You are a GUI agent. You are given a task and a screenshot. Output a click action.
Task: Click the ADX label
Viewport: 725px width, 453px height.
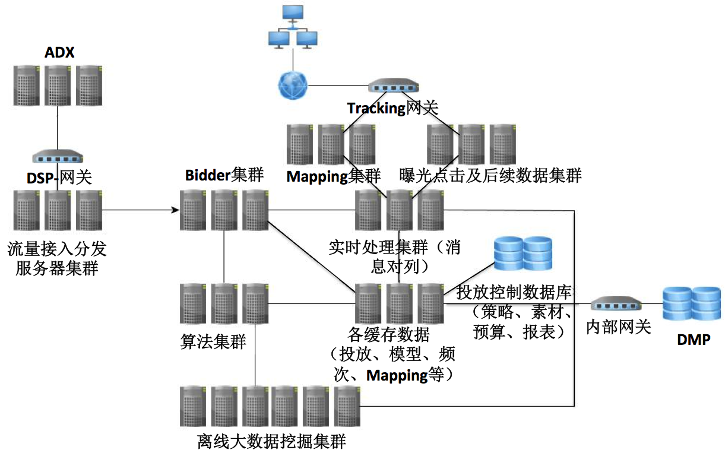[59, 53]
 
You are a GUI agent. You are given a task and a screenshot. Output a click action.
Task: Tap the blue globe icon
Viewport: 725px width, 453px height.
[292, 85]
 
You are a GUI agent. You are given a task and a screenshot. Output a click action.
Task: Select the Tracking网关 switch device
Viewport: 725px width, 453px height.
[392, 87]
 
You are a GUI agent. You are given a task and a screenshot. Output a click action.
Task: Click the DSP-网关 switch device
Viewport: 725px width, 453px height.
[57, 157]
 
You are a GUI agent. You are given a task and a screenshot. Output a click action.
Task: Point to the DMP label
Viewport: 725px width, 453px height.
[694, 340]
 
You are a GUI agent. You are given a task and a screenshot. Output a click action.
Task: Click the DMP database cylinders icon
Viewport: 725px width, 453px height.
[691, 303]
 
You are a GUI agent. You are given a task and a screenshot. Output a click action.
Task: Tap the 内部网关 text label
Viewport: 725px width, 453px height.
[618, 327]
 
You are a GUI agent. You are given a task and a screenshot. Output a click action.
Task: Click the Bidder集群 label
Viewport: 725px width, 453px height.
[224, 175]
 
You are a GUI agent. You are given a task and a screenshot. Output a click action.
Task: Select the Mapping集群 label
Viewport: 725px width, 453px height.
[333, 176]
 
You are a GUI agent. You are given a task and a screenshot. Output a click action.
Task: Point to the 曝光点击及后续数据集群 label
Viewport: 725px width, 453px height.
[490, 176]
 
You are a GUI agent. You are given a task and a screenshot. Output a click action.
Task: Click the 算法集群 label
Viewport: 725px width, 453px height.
[213, 342]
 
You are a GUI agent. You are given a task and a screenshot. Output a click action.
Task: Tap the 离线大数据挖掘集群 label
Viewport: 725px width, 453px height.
[271, 442]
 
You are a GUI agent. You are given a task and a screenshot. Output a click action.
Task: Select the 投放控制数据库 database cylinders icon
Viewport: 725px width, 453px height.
[523, 254]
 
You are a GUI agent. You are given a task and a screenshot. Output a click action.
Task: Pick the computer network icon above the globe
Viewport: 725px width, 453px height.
[293, 27]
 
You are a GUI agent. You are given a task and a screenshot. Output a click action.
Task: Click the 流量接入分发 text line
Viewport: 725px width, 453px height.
[57, 248]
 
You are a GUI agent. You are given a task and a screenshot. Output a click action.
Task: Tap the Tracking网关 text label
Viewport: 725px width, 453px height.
[392, 108]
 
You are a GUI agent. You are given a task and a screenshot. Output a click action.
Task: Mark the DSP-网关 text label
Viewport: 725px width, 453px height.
[59, 178]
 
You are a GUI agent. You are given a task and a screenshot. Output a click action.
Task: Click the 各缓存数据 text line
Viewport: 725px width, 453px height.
[389, 334]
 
